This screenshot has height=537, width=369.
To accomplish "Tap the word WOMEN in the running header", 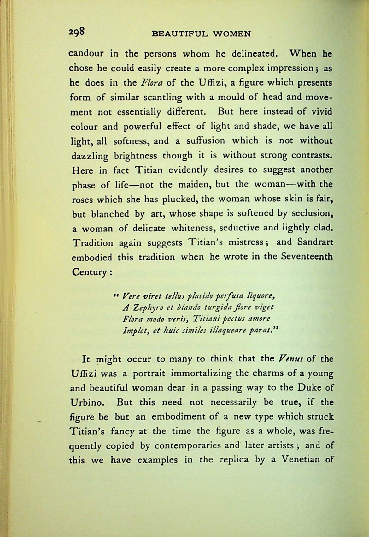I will (232, 34).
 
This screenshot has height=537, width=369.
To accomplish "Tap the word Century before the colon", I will (89, 271).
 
